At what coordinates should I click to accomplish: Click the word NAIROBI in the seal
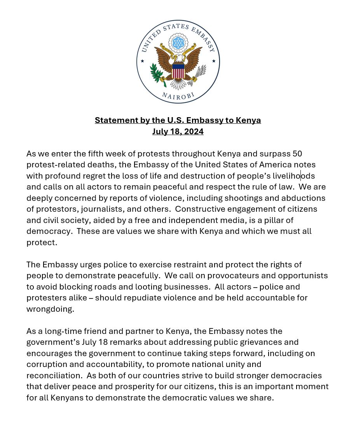click(x=178, y=96)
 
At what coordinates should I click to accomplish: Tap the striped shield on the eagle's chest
click(x=178, y=72)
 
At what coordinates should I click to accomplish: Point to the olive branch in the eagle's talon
click(x=158, y=74)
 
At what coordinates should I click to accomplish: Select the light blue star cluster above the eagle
click(x=178, y=42)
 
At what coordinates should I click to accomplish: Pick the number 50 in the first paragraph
click(x=297, y=154)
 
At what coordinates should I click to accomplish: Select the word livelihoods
click(x=293, y=176)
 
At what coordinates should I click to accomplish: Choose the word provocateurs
click(x=236, y=276)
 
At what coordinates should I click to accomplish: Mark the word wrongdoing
click(x=50, y=309)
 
